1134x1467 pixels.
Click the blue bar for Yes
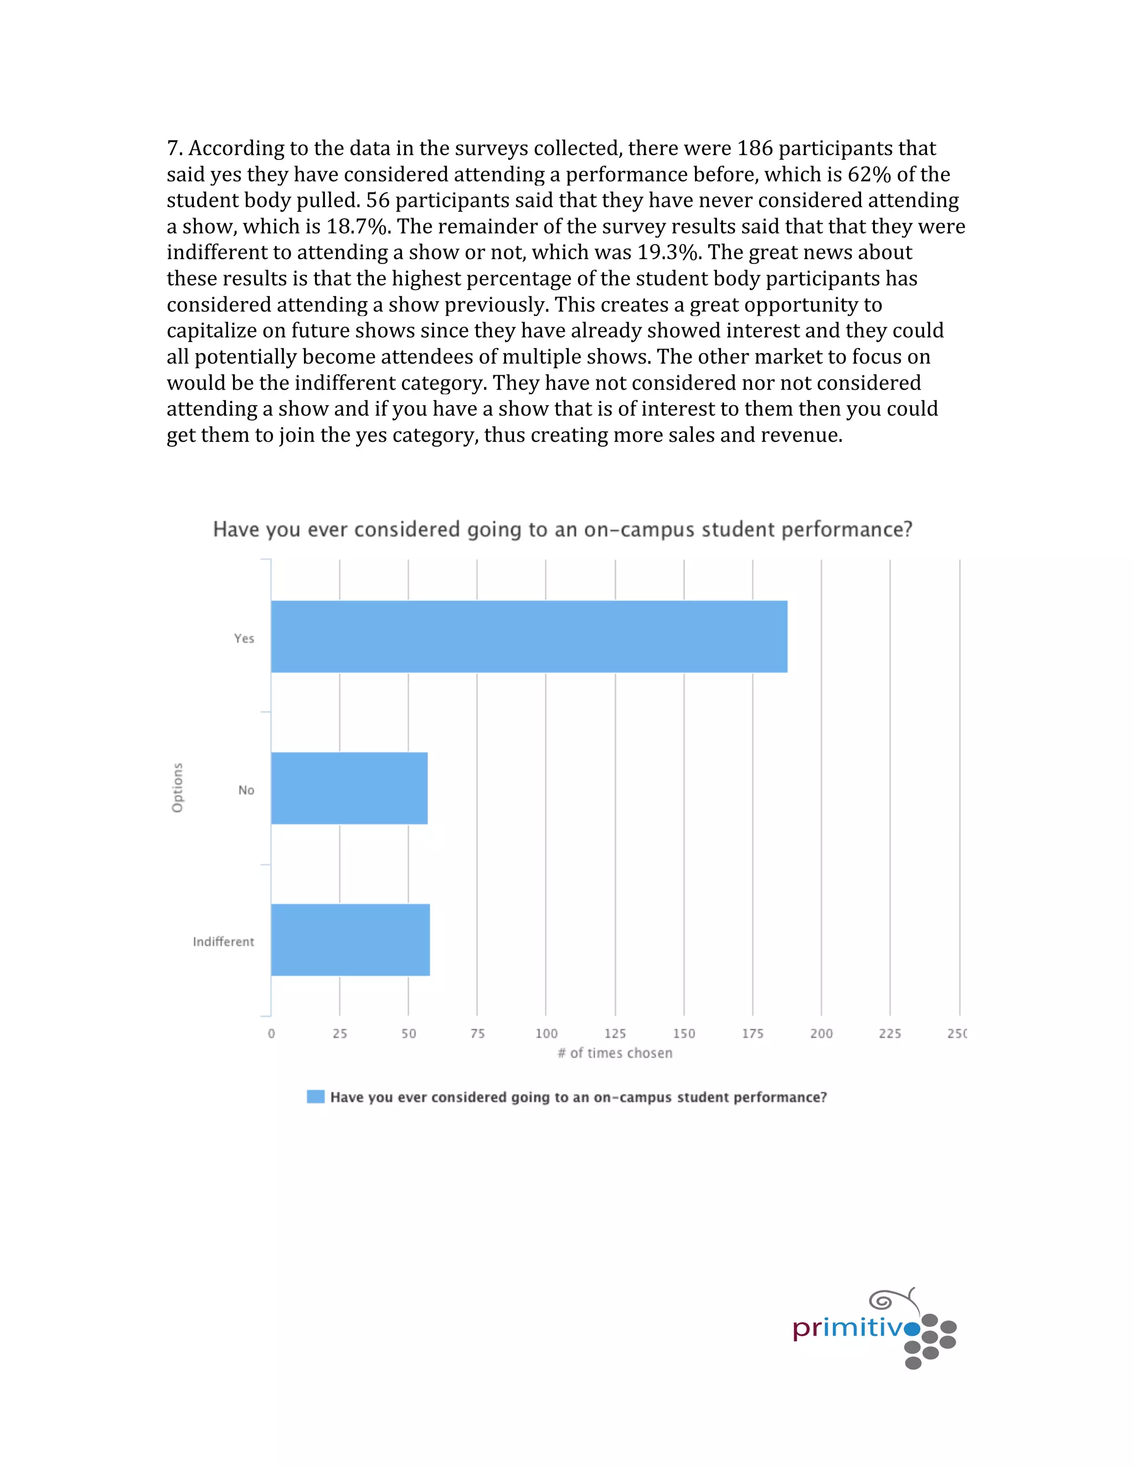529,636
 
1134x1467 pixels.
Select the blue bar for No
349,788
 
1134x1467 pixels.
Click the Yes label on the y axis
244,639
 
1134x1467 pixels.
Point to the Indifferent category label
223,942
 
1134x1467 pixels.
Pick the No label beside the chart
246,791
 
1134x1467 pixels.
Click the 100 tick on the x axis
546,1034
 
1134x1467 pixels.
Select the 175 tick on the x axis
752,1034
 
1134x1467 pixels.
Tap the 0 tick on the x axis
271,1034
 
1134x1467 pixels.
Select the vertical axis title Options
177,787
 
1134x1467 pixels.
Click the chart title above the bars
563,529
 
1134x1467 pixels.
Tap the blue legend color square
316,1097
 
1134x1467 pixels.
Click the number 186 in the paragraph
755,148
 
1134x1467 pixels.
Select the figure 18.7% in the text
357,226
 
